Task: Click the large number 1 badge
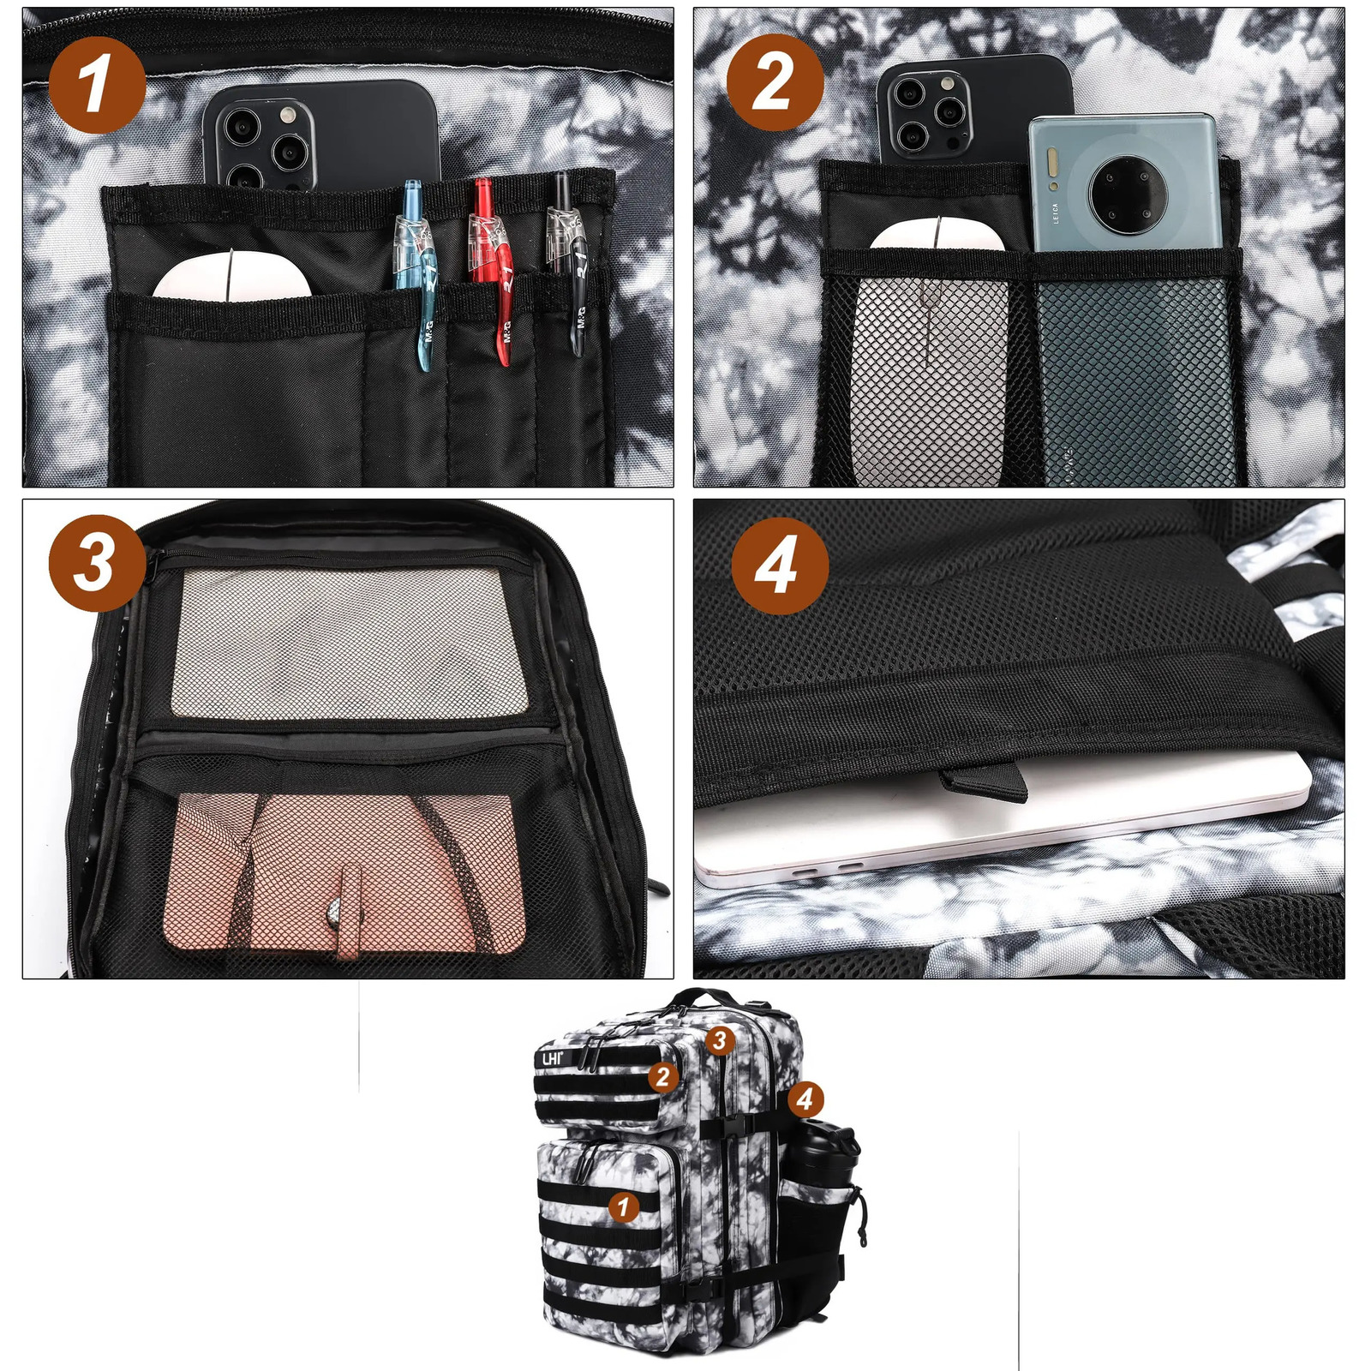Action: click(96, 84)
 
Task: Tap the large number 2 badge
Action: click(775, 82)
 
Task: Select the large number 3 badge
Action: click(96, 563)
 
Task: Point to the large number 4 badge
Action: click(779, 566)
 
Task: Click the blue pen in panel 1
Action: click(418, 274)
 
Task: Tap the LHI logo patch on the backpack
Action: click(551, 1059)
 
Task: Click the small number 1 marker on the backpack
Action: click(623, 1207)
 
